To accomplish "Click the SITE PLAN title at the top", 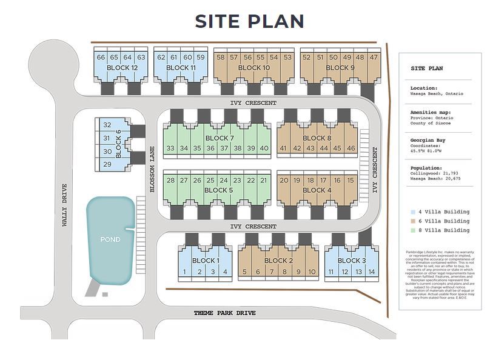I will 249,21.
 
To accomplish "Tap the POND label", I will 110,239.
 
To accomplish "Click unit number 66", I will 101,58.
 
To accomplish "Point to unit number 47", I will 374,58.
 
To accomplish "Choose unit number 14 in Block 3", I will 372,272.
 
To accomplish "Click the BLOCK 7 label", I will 220,139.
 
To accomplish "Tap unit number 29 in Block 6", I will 107,164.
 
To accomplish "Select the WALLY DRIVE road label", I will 64,205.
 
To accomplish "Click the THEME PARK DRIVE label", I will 224,313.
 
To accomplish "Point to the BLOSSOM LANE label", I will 152,170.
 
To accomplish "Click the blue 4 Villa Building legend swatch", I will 413,212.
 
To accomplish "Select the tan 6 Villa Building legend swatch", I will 413,221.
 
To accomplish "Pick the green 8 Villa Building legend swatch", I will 413,230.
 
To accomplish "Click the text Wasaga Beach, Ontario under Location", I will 437,94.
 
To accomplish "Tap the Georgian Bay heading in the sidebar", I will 428,140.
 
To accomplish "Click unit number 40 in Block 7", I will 264,148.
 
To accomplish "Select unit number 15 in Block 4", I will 350,180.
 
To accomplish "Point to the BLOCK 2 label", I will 278,261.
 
